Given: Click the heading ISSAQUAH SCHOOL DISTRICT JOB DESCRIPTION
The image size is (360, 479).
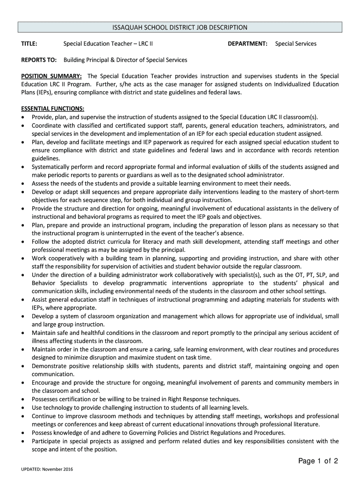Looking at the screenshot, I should (x=180, y=28).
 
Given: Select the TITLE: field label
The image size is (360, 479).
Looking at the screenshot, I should (x=29, y=44).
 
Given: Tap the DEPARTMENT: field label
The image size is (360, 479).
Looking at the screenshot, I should (x=247, y=44).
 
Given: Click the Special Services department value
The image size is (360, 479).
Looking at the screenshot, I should (x=295, y=44).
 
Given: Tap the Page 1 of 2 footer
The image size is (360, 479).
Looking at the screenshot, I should (x=318, y=461).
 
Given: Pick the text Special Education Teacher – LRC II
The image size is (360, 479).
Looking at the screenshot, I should (x=108, y=44).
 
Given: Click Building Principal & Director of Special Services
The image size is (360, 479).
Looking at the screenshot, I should (x=125, y=60).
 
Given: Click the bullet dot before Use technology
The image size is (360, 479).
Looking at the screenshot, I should (x=23, y=407).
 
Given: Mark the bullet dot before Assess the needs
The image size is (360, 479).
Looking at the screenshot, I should (x=23, y=184).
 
